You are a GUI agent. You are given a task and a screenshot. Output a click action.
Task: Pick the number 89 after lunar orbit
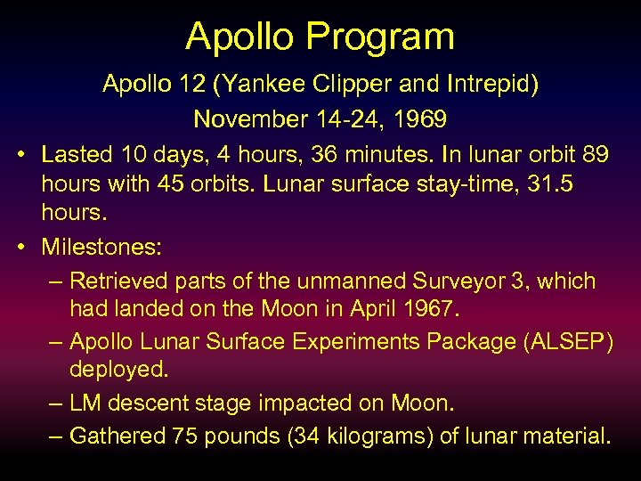tap(595, 154)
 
